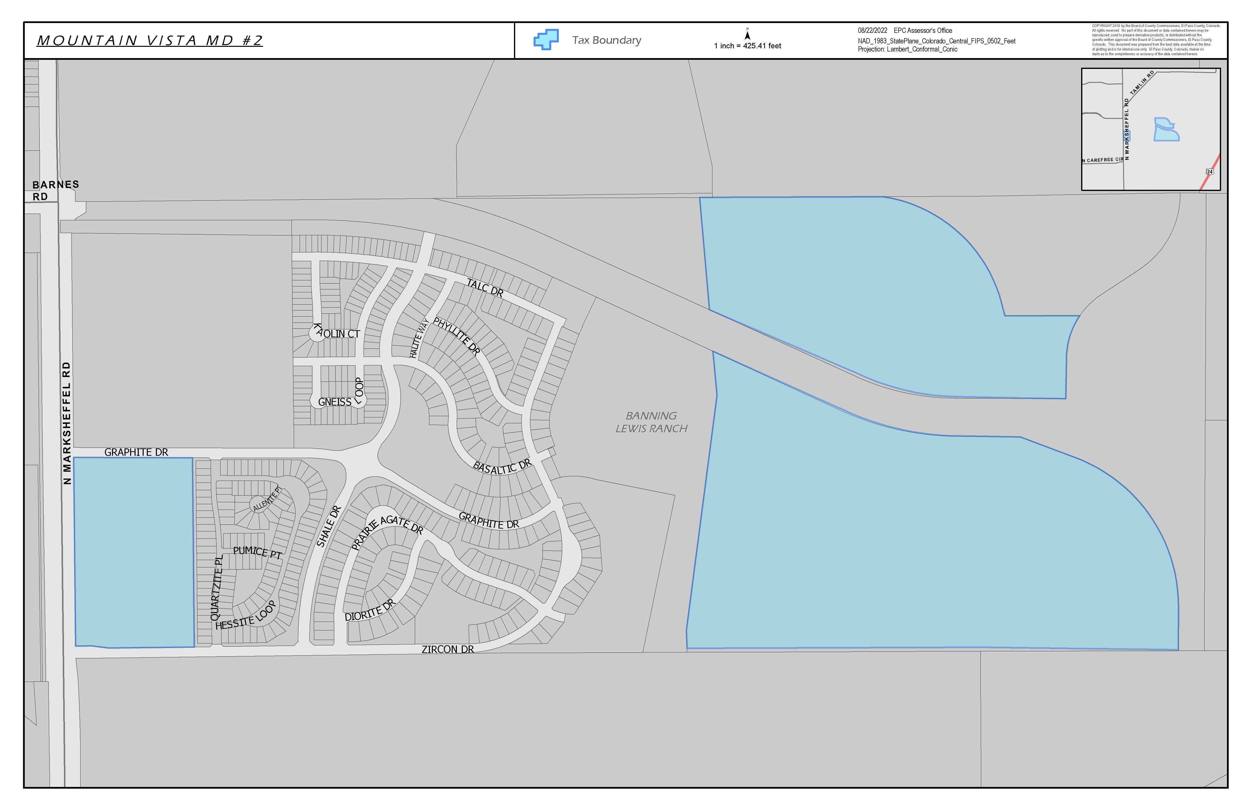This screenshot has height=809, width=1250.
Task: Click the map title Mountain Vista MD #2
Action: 150,40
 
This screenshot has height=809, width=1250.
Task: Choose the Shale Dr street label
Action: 329,526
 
